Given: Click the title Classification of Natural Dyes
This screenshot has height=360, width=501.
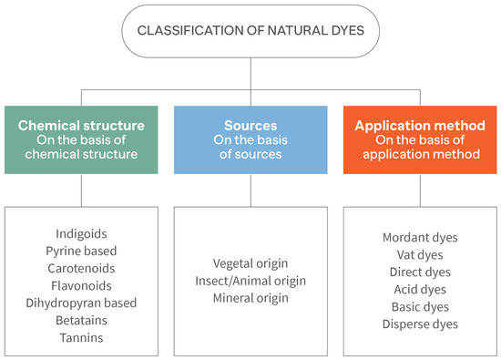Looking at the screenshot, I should click(x=250, y=31).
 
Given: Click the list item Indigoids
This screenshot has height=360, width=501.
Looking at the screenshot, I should click(x=81, y=232).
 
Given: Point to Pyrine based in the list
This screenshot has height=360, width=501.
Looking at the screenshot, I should click(x=81, y=250).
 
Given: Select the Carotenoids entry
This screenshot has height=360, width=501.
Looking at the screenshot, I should click(x=81, y=267).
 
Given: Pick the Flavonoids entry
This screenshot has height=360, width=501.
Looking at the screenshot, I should click(x=81, y=284).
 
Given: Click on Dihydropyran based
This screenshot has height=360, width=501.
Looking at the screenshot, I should click(x=81, y=302).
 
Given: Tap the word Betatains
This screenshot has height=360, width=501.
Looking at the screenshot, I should click(x=81, y=319).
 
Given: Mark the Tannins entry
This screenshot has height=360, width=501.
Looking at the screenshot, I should click(x=81, y=336).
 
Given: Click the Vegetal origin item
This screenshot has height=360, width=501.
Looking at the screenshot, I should click(x=250, y=263).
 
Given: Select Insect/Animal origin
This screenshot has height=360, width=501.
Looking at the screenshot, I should click(x=250, y=281).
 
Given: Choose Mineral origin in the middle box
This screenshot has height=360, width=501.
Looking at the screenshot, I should click(x=250, y=298).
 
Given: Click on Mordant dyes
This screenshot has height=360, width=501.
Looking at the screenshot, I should click(x=420, y=238).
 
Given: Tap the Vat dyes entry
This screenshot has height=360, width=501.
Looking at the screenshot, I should click(x=420, y=255).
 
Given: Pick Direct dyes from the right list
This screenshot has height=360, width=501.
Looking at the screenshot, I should click(x=420, y=273).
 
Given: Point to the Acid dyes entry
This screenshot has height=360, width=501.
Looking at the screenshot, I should click(x=420, y=290).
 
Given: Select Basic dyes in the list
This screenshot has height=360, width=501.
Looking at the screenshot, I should click(x=420, y=307).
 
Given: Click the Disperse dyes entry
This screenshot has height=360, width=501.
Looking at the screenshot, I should click(x=420, y=324).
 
